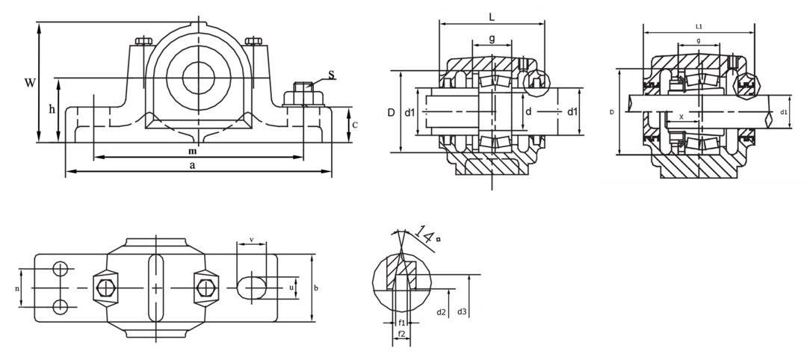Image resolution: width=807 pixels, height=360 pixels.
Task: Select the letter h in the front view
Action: [x=52, y=110]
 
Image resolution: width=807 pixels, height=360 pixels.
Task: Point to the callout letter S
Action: [x=331, y=75]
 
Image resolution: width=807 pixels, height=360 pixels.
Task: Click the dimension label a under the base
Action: [x=193, y=165]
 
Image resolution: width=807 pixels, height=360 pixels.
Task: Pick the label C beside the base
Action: [x=355, y=125]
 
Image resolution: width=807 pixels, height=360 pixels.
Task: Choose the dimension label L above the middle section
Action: [x=490, y=16]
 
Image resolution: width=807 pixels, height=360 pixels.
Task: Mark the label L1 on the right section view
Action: [x=699, y=26]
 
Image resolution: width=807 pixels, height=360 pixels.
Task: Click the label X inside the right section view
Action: [x=680, y=117]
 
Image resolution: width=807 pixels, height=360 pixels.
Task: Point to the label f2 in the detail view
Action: [x=401, y=334]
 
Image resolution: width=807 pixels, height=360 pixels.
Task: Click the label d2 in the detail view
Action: [x=441, y=311]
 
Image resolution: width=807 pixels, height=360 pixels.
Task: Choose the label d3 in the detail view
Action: [x=462, y=311]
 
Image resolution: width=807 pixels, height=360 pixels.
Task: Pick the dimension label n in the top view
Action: [x=17, y=288]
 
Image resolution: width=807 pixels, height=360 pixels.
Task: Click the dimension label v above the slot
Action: [x=251, y=240]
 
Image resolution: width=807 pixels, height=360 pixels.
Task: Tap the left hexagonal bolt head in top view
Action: [x=104, y=288]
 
